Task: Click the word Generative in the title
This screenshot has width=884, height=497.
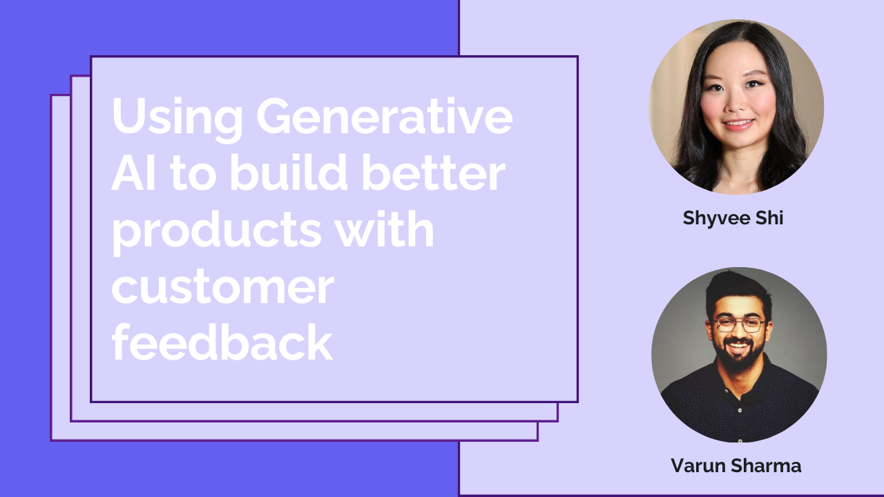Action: [385, 117]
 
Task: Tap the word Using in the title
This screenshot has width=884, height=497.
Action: [176, 117]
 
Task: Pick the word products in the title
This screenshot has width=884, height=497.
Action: [216, 232]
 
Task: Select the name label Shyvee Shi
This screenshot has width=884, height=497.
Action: [733, 218]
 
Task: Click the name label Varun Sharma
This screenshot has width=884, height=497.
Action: [736, 466]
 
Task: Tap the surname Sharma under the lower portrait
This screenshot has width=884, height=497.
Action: [767, 466]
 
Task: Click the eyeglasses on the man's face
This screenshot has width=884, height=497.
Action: [738, 324]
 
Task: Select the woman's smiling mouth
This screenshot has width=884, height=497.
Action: [739, 125]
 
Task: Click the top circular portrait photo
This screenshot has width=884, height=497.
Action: [736, 107]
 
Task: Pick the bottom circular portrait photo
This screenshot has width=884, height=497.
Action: [739, 354]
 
